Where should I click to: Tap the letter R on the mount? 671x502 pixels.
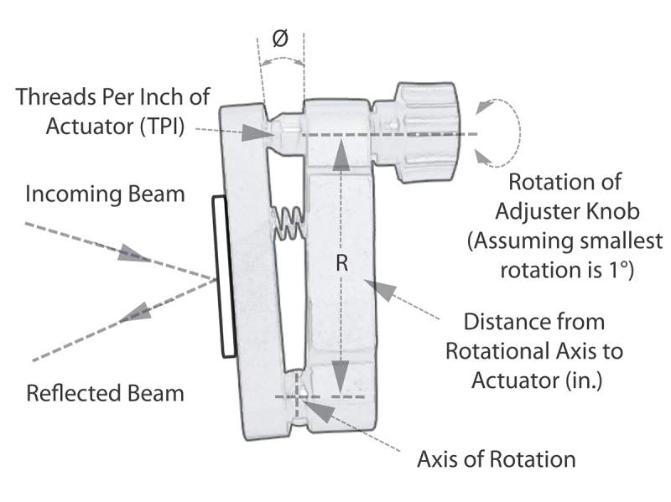click(341, 263)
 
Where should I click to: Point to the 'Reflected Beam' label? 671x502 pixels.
click(105, 392)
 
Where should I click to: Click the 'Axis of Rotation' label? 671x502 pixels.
click(497, 459)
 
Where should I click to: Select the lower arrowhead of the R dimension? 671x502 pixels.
click(341, 374)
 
